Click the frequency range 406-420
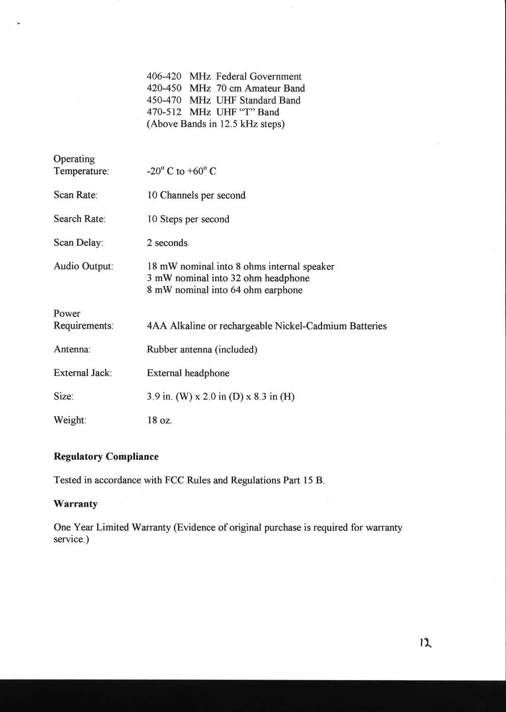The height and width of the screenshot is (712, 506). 164,77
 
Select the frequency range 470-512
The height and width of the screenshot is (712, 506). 164,112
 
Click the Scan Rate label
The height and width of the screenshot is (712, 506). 76,195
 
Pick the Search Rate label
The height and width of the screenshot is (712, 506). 79,219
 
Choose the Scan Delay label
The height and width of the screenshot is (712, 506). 78,243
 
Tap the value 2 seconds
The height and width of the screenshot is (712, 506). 167,243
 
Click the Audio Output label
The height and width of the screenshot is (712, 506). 83,266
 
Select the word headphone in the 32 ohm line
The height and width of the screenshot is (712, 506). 287,278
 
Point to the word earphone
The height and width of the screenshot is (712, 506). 283,290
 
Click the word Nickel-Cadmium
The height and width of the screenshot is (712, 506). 311,326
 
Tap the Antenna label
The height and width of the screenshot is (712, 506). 72,350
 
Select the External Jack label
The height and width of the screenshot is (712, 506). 83,373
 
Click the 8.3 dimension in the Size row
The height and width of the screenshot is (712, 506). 260,397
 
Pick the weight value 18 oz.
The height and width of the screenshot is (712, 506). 159,421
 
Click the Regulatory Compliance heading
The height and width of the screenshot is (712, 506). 106,457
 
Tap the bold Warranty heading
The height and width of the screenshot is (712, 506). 76,504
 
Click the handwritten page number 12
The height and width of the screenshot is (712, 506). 425,643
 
